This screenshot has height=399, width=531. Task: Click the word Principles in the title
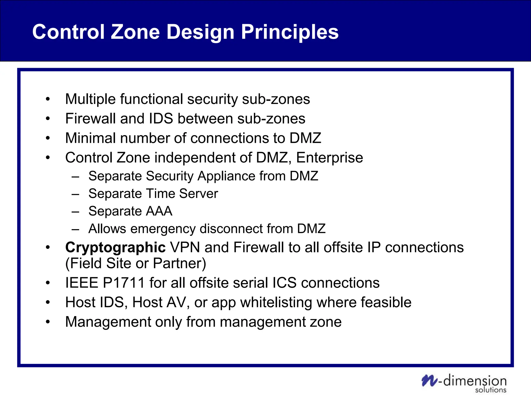(x=290, y=32)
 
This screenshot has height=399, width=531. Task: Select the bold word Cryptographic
(x=115, y=247)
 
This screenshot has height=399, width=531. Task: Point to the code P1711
(x=123, y=283)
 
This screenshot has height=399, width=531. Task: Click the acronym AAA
(x=159, y=211)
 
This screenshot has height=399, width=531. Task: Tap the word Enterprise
(x=330, y=158)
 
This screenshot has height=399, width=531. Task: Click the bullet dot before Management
(x=47, y=322)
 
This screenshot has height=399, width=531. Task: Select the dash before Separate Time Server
(x=75, y=194)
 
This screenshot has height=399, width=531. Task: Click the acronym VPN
(x=185, y=247)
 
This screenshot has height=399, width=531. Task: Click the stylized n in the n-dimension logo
(x=429, y=381)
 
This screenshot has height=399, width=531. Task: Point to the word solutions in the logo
(x=491, y=390)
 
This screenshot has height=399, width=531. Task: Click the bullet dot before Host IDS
(x=47, y=302)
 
